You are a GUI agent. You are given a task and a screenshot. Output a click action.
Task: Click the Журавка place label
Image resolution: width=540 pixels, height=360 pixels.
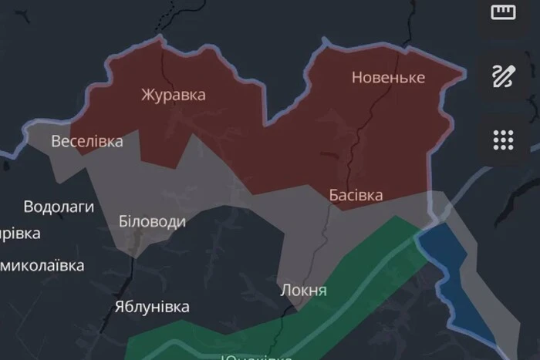(x=173, y=95)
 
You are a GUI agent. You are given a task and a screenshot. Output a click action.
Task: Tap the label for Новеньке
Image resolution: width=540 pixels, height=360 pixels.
(x=388, y=78)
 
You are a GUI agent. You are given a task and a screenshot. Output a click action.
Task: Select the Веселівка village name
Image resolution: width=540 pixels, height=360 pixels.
(x=87, y=141)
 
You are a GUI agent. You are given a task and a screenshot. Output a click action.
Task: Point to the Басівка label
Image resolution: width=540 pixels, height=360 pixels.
(x=356, y=195)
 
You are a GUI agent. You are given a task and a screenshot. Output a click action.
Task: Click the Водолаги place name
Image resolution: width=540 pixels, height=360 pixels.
(x=59, y=207)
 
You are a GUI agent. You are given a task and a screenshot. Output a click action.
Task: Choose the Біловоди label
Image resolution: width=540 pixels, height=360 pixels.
(x=152, y=222)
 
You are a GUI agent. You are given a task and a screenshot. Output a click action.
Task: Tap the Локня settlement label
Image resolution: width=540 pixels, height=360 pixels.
(x=304, y=291)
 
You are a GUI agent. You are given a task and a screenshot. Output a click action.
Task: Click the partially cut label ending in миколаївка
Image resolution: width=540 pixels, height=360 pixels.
(x=42, y=266)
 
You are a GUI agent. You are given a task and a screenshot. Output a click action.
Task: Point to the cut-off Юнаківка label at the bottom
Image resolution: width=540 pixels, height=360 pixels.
(x=256, y=357)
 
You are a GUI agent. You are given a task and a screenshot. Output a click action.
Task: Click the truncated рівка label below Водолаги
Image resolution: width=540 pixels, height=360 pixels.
(x=20, y=233)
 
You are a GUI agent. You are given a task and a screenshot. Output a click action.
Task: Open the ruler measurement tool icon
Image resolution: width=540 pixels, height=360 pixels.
(x=503, y=12)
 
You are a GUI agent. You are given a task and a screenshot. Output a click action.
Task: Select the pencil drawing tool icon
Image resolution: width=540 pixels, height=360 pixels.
(x=503, y=76)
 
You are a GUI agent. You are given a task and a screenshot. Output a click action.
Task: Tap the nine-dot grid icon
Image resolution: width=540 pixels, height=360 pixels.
(x=503, y=140)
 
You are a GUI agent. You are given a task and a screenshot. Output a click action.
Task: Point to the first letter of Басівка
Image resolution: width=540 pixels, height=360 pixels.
(x=334, y=195)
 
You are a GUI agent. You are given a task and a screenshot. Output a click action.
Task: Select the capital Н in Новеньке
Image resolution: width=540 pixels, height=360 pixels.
(x=357, y=78)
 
